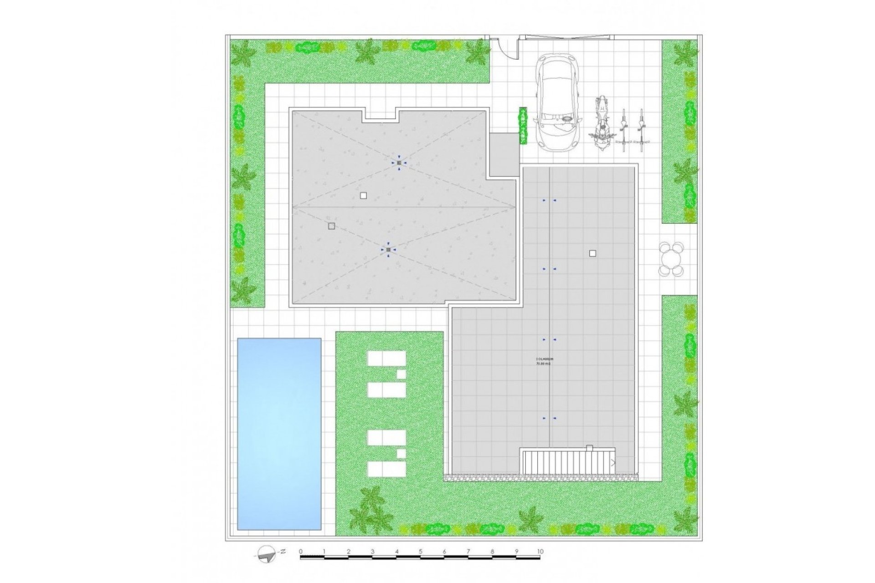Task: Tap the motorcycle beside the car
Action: (x=602, y=121)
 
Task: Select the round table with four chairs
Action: (x=671, y=259)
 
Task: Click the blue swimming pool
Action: (x=279, y=434)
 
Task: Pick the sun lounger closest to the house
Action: (x=386, y=358)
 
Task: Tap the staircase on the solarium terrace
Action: (x=568, y=461)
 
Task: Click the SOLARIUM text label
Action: (x=543, y=361)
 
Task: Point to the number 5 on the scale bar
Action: (x=420, y=552)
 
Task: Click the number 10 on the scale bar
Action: (x=540, y=552)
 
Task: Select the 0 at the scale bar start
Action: (x=301, y=552)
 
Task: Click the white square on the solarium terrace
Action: (x=592, y=253)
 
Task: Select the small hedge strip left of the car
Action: (x=523, y=126)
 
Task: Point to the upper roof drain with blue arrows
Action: (x=399, y=163)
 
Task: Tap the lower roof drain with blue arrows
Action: (x=388, y=250)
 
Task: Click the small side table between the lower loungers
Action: (x=401, y=454)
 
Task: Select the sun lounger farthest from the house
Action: (x=386, y=468)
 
